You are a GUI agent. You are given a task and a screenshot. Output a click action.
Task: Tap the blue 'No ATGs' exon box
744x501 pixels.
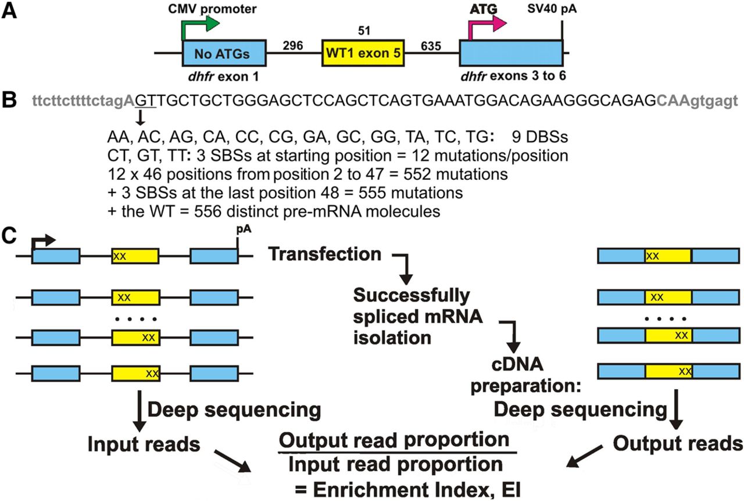tap(224, 55)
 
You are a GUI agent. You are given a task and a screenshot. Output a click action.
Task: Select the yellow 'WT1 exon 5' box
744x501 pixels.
tap(363, 55)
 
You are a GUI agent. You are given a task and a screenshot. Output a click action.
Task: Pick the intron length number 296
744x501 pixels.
tap(294, 45)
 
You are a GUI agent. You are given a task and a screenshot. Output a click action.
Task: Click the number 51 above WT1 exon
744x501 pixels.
tap(363, 29)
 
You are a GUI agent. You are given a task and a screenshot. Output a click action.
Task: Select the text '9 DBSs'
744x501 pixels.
tap(540, 138)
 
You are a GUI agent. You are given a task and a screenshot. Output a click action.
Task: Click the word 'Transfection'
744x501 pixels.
tap(325, 254)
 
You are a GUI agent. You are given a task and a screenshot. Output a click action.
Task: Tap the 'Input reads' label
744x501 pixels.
tap(144, 444)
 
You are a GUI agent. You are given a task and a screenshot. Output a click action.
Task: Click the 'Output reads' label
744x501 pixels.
tap(677, 444)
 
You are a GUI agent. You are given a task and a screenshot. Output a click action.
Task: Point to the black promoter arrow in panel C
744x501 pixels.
tap(43, 240)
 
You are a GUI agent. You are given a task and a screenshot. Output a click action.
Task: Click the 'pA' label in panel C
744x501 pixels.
tap(243, 230)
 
